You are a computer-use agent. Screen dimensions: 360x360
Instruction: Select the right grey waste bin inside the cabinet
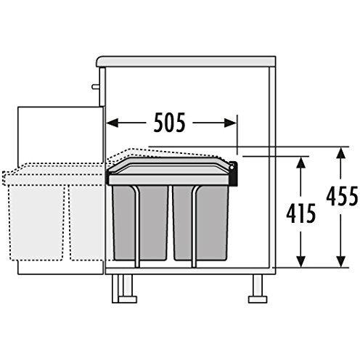click(x=200, y=221)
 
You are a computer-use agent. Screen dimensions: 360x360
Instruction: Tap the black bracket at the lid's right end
click(x=234, y=172)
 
